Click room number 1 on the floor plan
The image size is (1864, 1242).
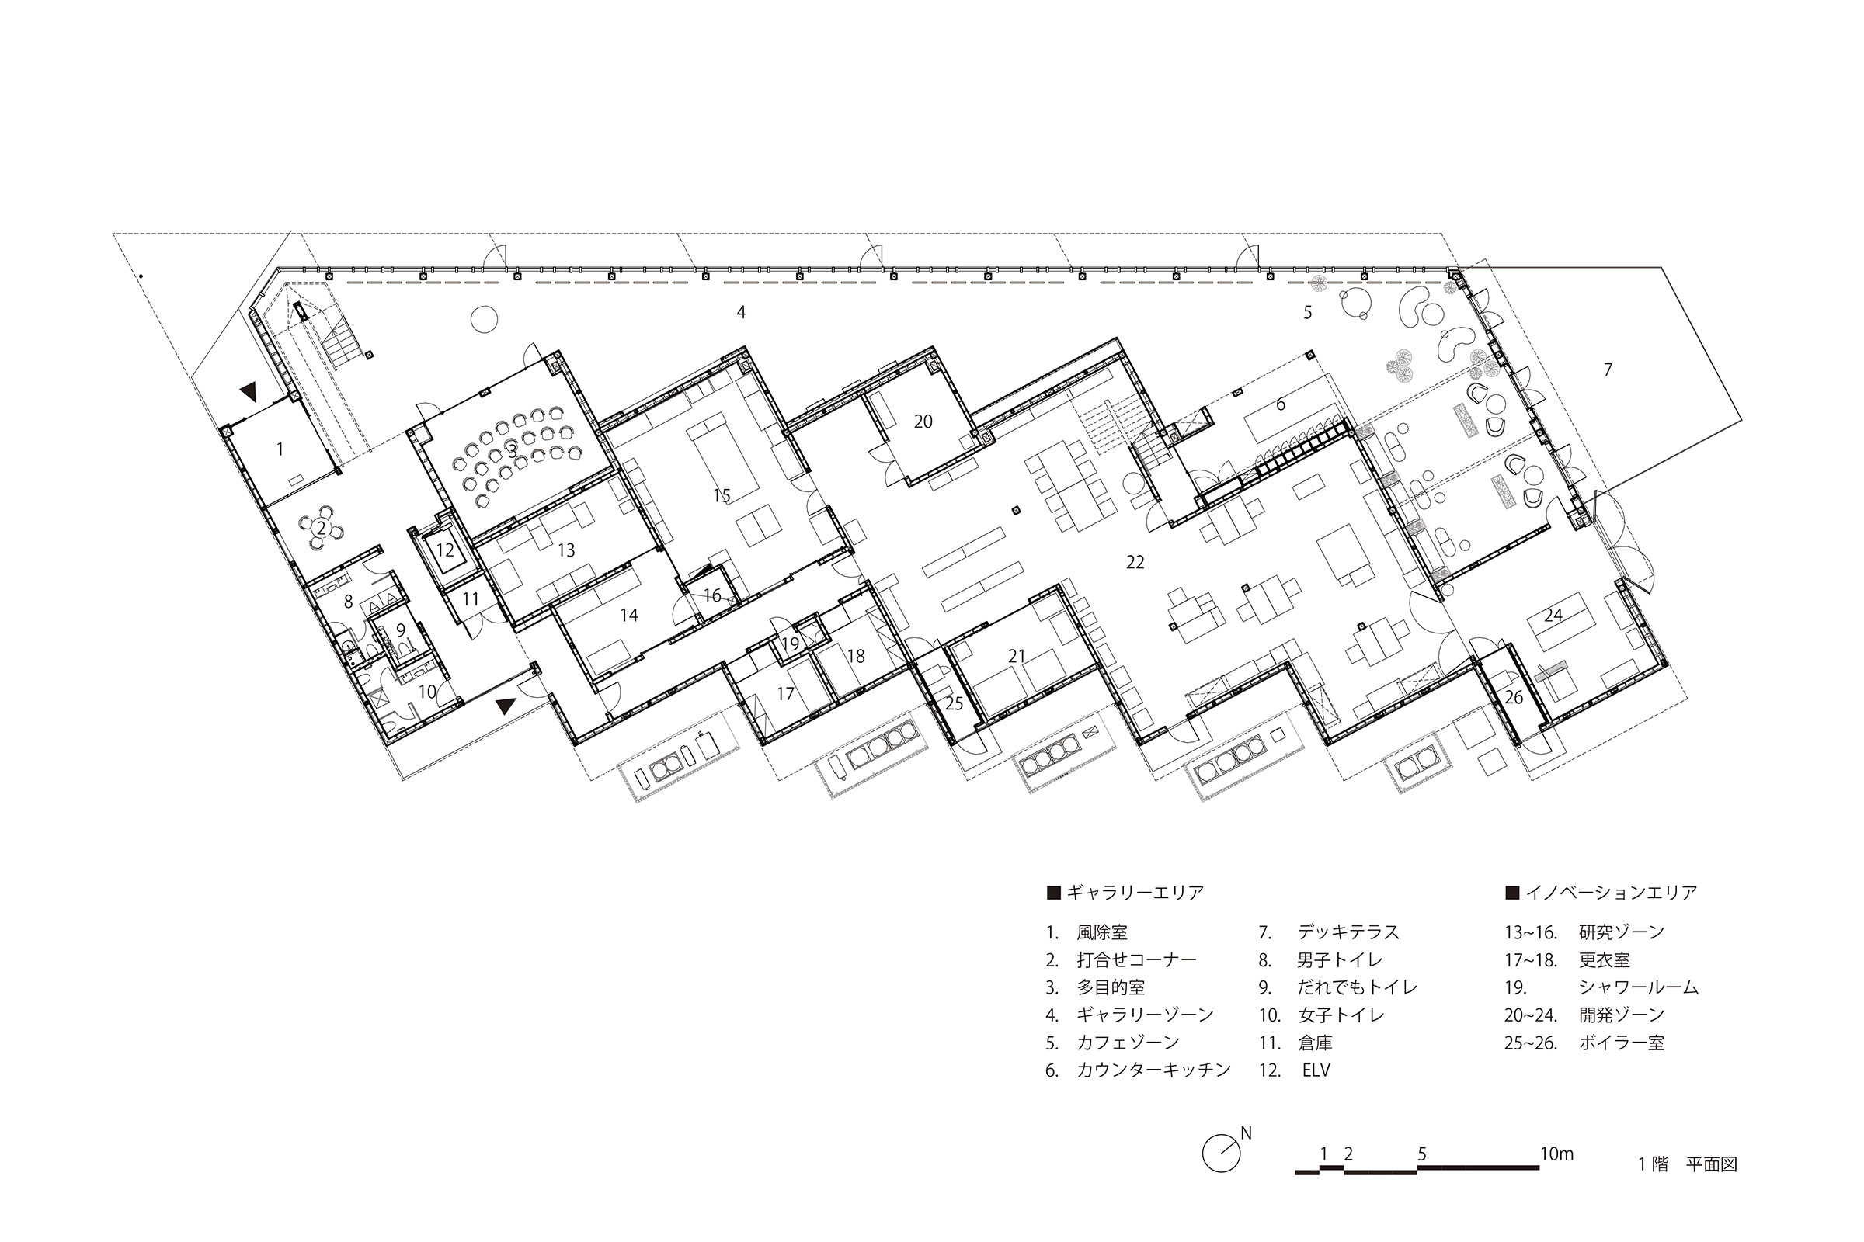coord(280,450)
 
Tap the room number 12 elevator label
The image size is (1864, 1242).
coord(445,550)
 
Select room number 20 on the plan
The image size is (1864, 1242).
coord(923,422)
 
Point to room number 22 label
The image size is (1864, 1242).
coord(1135,562)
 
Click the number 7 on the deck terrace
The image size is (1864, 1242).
coord(1608,369)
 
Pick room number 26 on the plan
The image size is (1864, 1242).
coord(1514,698)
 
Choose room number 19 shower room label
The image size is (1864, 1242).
coord(790,644)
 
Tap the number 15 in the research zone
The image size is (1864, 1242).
coord(722,496)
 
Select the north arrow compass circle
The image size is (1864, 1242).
coord(1220,1154)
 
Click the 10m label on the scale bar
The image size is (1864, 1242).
coord(1556,1154)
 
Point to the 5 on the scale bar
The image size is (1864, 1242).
coord(1422,1154)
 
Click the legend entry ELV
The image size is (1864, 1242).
coord(1316,1070)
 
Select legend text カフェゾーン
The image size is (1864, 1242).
coord(1128,1043)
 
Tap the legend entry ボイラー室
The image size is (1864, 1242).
coord(1622,1043)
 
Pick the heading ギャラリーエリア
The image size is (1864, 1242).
coord(1135,893)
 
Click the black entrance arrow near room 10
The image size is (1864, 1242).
coord(506,705)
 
